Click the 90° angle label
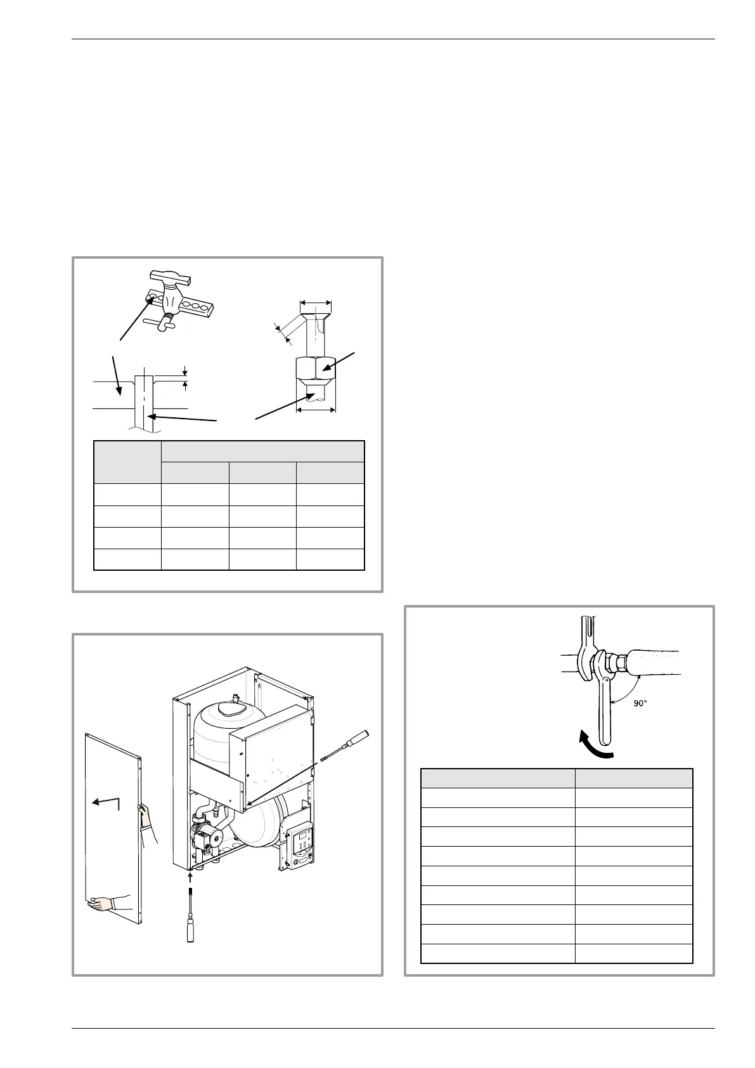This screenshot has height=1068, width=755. point(641,703)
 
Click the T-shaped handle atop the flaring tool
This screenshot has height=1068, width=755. point(169,277)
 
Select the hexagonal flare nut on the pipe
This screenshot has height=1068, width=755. point(315,367)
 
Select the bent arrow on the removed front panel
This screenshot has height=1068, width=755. point(106,803)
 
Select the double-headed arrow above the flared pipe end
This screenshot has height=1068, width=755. point(315,303)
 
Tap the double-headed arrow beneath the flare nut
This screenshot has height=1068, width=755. point(315,410)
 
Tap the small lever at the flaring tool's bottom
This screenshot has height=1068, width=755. point(157,324)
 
